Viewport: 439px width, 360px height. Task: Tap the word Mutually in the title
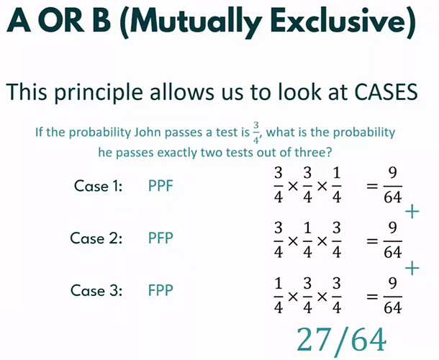[x=195, y=23]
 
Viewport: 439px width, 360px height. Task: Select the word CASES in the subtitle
[x=386, y=91]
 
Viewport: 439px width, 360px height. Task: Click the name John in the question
[x=148, y=132]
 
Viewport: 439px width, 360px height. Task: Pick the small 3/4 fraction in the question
[x=256, y=132]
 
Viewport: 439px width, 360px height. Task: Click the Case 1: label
[x=98, y=186]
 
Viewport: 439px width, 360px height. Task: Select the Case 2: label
[x=96, y=238]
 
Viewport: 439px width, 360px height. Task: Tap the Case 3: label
[x=96, y=290]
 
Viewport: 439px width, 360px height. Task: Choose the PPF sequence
[x=160, y=186]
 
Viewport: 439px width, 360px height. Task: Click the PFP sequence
[x=160, y=238]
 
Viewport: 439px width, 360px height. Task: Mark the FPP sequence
[x=160, y=290]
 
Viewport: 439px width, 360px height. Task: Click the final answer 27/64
[x=341, y=339]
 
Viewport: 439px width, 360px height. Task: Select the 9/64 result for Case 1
[x=392, y=186]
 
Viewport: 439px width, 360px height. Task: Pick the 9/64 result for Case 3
[x=392, y=296]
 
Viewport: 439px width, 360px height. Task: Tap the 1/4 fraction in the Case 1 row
[x=337, y=186]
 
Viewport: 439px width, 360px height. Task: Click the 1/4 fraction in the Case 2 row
[x=307, y=240]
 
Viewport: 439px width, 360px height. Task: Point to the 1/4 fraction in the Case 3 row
[x=278, y=296]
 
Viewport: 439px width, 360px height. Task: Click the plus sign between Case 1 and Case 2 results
[x=412, y=212]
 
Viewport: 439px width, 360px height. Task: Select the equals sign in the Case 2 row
[x=372, y=241]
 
